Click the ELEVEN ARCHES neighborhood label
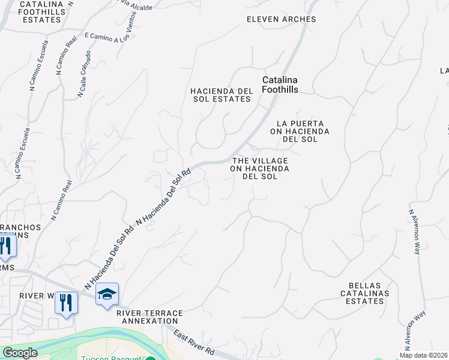(281, 19)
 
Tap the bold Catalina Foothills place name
(280, 85)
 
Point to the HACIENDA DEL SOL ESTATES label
(220, 95)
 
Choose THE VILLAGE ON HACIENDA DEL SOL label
(261, 169)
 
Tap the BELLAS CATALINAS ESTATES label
(364, 293)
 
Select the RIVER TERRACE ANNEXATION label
(148, 317)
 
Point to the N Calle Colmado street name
(85, 74)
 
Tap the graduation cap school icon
(107, 294)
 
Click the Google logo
(20, 353)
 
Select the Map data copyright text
(423, 355)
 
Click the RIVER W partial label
(36, 296)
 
